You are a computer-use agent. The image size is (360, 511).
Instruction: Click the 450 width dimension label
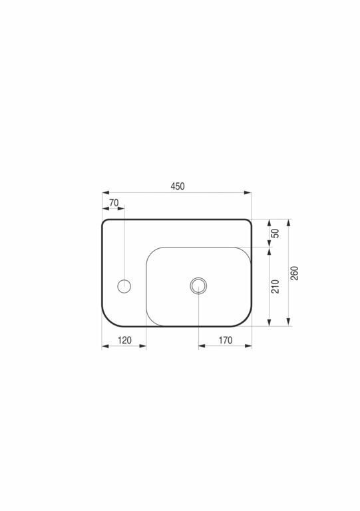[x=178, y=186]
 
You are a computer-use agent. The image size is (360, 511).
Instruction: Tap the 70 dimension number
[x=114, y=203]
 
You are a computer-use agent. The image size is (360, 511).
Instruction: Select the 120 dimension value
[x=124, y=340]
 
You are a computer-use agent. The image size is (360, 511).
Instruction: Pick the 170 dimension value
[x=226, y=340]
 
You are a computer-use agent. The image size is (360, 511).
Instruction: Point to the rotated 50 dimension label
[x=275, y=234]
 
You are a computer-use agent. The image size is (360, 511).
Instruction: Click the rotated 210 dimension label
[x=275, y=287]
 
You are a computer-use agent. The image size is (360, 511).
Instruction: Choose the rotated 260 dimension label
[x=294, y=273]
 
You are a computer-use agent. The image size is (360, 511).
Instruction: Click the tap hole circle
[x=124, y=286]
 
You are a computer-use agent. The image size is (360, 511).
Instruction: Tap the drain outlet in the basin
[x=198, y=286]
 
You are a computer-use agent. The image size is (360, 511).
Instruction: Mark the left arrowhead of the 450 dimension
[x=106, y=193]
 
